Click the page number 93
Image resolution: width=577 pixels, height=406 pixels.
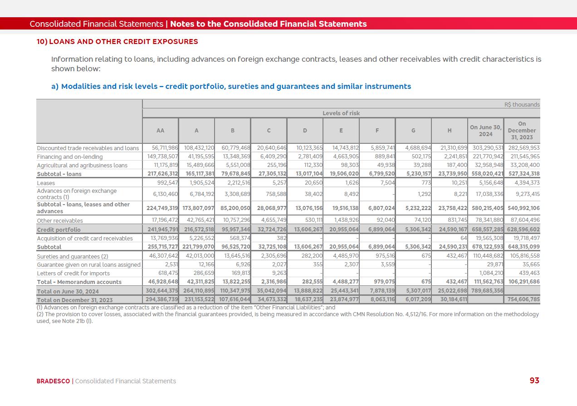[x=534, y=381]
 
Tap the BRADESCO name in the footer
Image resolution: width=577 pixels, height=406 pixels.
[x=53, y=381]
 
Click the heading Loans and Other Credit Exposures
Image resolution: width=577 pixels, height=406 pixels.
[x=123, y=42]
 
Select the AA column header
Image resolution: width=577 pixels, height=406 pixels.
[x=160, y=131]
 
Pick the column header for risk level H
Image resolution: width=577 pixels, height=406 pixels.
[x=449, y=131]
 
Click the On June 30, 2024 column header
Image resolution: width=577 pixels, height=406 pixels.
[x=485, y=131]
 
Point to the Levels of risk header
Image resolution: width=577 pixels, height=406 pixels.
[x=341, y=113]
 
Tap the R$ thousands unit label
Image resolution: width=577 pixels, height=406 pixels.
[x=522, y=105]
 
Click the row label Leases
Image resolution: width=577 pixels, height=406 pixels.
[x=46, y=183]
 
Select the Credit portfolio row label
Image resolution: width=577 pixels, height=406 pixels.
[x=59, y=230]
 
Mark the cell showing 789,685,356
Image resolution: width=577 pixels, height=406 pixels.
[x=485, y=291]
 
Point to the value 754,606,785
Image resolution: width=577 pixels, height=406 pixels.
[x=522, y=300]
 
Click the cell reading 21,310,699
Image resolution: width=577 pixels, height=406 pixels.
[x=451, y=148]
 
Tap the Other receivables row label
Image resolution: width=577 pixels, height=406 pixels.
[x=60, y=221]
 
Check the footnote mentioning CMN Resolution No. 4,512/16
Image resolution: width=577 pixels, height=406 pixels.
[x=288, y=314]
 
